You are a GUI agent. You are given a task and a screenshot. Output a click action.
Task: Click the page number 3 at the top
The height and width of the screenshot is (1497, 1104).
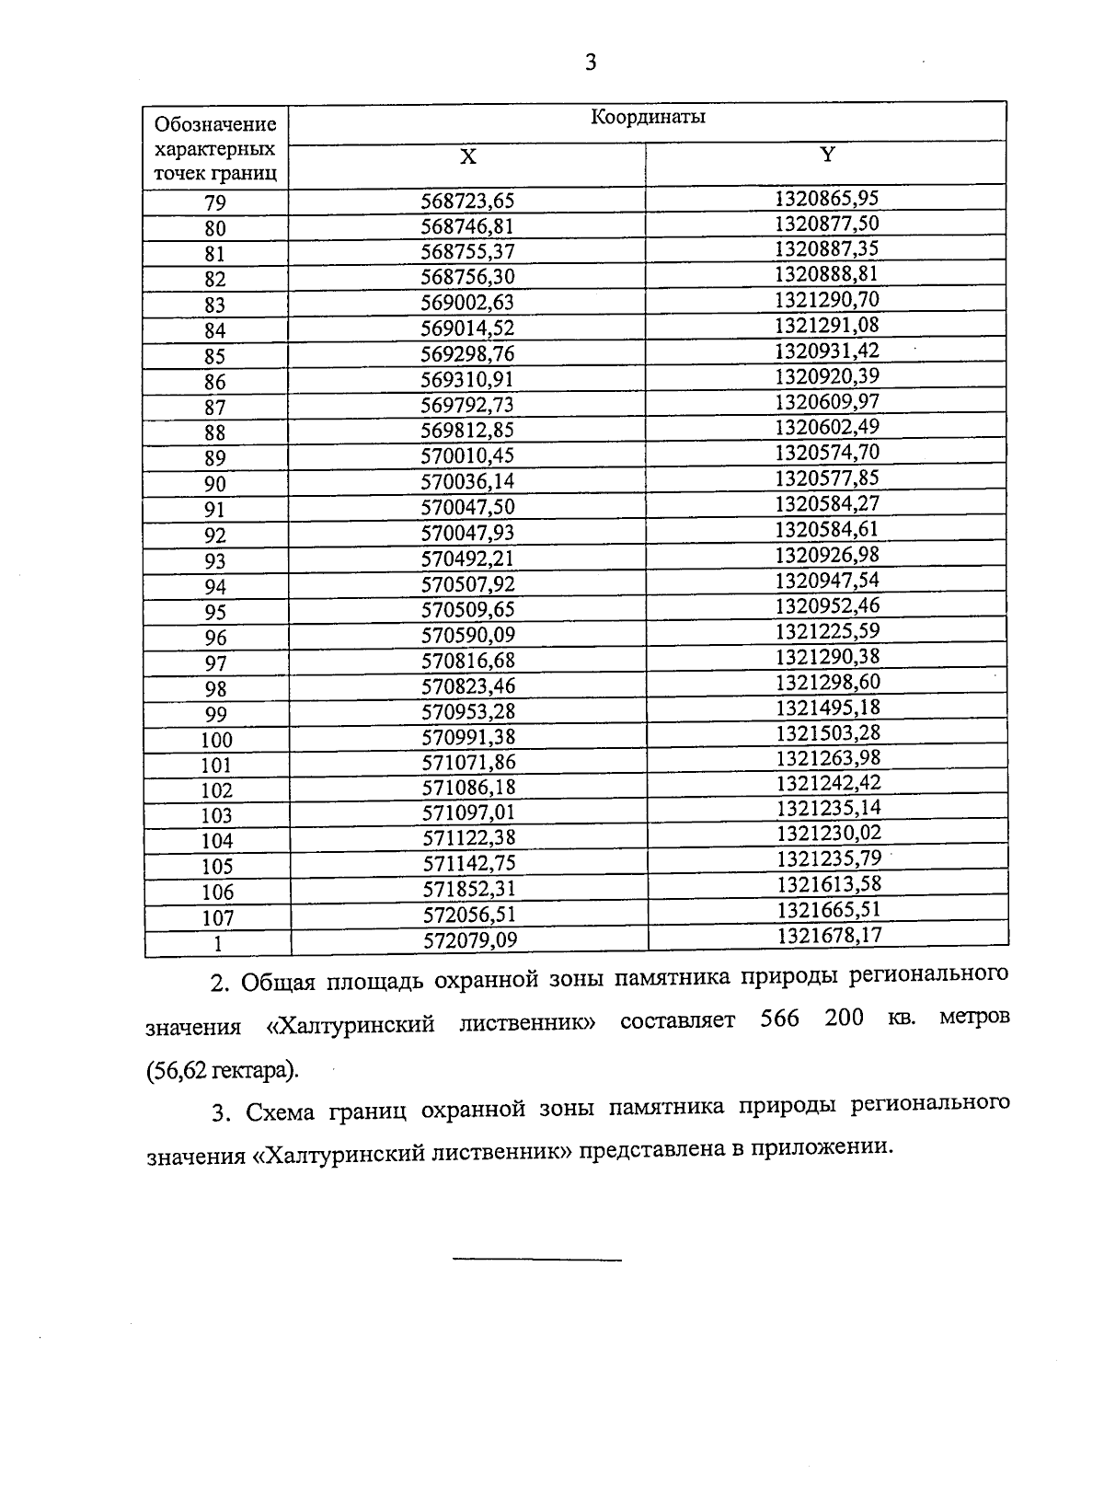(591, 63)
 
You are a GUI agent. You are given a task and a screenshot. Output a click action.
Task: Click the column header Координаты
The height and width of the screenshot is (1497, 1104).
(648, 118)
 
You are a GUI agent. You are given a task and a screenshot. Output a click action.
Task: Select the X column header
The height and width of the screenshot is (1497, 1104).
(467, 157)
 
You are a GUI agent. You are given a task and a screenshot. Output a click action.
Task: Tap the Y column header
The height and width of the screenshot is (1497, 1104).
(827, 155)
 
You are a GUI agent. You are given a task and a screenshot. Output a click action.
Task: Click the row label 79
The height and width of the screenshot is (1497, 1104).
(215, 203)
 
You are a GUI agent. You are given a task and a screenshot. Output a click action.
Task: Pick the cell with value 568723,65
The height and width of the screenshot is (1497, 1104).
(467, 201)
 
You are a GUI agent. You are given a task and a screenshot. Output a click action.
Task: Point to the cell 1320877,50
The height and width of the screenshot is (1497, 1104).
(827, 224)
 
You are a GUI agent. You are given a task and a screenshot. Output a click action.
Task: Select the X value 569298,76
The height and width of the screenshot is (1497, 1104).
(467, 354)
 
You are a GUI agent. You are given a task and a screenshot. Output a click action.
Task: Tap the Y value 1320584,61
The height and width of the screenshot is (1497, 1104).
(827, 529)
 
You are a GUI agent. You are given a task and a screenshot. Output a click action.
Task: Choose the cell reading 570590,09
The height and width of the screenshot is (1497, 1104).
(467, 635)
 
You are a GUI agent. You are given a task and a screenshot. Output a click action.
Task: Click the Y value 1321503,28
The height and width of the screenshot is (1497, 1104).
(827, 732)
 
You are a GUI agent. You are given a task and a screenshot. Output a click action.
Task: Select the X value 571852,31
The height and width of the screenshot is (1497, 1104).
(469, 889)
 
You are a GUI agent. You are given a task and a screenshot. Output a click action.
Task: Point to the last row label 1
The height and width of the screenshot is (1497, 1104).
(217, 943)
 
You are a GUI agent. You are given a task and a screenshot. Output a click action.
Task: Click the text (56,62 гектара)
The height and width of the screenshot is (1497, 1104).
(223, 1070)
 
